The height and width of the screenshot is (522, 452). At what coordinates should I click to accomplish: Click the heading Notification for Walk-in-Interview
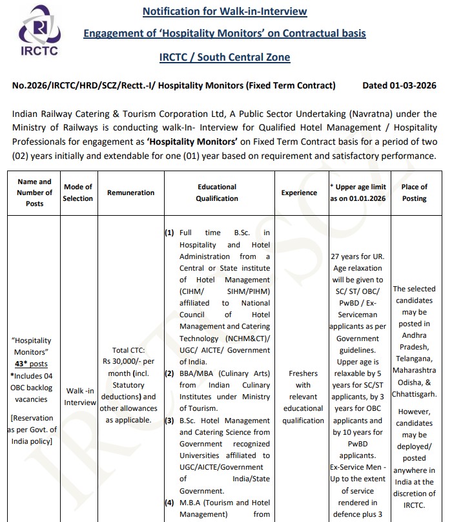tap(224, 11)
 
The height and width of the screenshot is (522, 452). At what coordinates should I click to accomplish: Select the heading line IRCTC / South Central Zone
tap(224, 57)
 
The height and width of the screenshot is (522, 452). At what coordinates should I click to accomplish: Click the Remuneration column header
tap(130, 193)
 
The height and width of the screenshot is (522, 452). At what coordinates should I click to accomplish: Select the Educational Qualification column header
tap(216, 193)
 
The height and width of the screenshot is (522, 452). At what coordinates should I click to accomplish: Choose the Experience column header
tap(299, 193)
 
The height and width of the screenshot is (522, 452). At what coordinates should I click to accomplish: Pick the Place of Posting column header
tap(414, 193)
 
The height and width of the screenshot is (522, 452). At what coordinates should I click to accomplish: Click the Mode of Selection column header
tap(78, 193)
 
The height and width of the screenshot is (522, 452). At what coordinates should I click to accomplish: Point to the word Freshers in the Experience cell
tap(303, 373)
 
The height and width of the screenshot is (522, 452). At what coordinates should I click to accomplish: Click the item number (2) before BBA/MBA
tap(169, 373)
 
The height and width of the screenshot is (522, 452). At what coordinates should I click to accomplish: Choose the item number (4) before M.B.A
tap(169, 503)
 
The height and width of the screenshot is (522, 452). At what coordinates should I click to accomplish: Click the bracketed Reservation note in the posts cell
tap(32, 430)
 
